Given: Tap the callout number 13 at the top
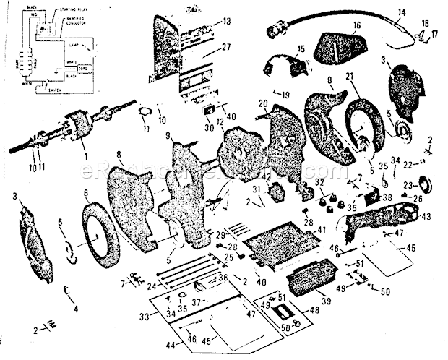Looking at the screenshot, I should point(227,21).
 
